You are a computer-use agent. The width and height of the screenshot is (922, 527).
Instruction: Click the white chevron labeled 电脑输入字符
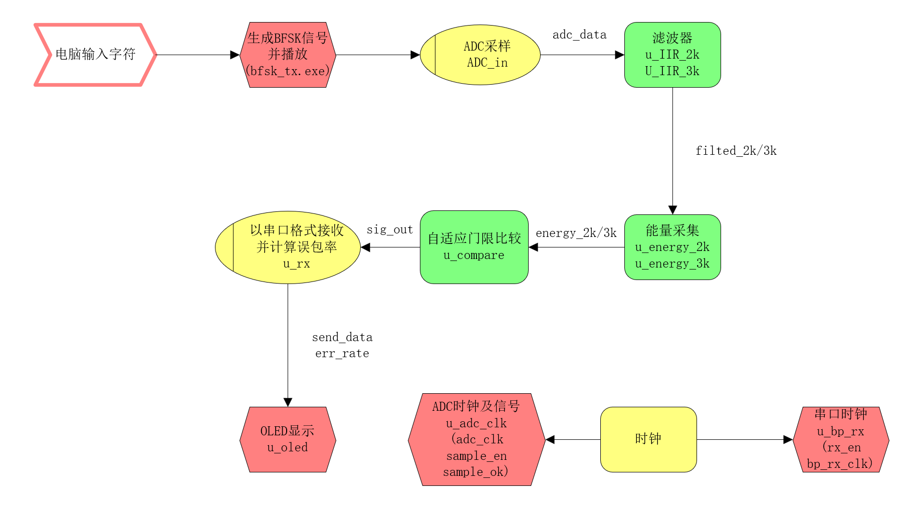pos(95,55)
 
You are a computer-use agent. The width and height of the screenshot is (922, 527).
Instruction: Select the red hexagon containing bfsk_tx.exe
pos(288,55)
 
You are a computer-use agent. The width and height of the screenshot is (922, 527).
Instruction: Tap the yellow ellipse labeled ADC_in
pos(480,55)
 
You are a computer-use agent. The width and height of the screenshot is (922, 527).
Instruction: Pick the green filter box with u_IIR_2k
pos(672,55)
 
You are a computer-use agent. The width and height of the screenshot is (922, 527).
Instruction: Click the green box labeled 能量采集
pos(672,247)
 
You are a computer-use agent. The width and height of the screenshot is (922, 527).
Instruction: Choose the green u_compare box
pos(474,247)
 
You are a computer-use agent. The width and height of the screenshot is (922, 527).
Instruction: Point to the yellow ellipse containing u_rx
pos(288,247)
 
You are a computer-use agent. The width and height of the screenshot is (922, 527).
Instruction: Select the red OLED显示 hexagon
pos(288,439)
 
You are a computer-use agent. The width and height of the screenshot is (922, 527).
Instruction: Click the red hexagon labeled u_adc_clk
pos(476,439)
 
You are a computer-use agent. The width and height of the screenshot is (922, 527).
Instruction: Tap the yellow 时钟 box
pos(648,439)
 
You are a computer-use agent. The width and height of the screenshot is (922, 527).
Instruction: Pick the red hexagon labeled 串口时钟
pos(841,439)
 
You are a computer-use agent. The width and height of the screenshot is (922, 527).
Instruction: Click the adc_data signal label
pos(579,35)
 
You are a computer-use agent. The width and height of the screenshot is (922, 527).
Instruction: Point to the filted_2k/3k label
pos(736,151)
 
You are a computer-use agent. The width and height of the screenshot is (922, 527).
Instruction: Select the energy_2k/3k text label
pos(576,233)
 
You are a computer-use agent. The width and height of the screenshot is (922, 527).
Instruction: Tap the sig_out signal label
pos(389,229)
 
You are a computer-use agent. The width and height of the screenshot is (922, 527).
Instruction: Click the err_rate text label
pos(342,354)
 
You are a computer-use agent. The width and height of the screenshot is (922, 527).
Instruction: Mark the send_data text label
pos(342,337)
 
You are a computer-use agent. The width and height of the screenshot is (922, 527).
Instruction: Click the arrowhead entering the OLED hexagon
pos(288,402)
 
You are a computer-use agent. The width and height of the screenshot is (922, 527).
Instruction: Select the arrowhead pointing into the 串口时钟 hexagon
pos(788,439)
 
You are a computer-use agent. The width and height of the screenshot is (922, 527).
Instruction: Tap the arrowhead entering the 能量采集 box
pos(672,210)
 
